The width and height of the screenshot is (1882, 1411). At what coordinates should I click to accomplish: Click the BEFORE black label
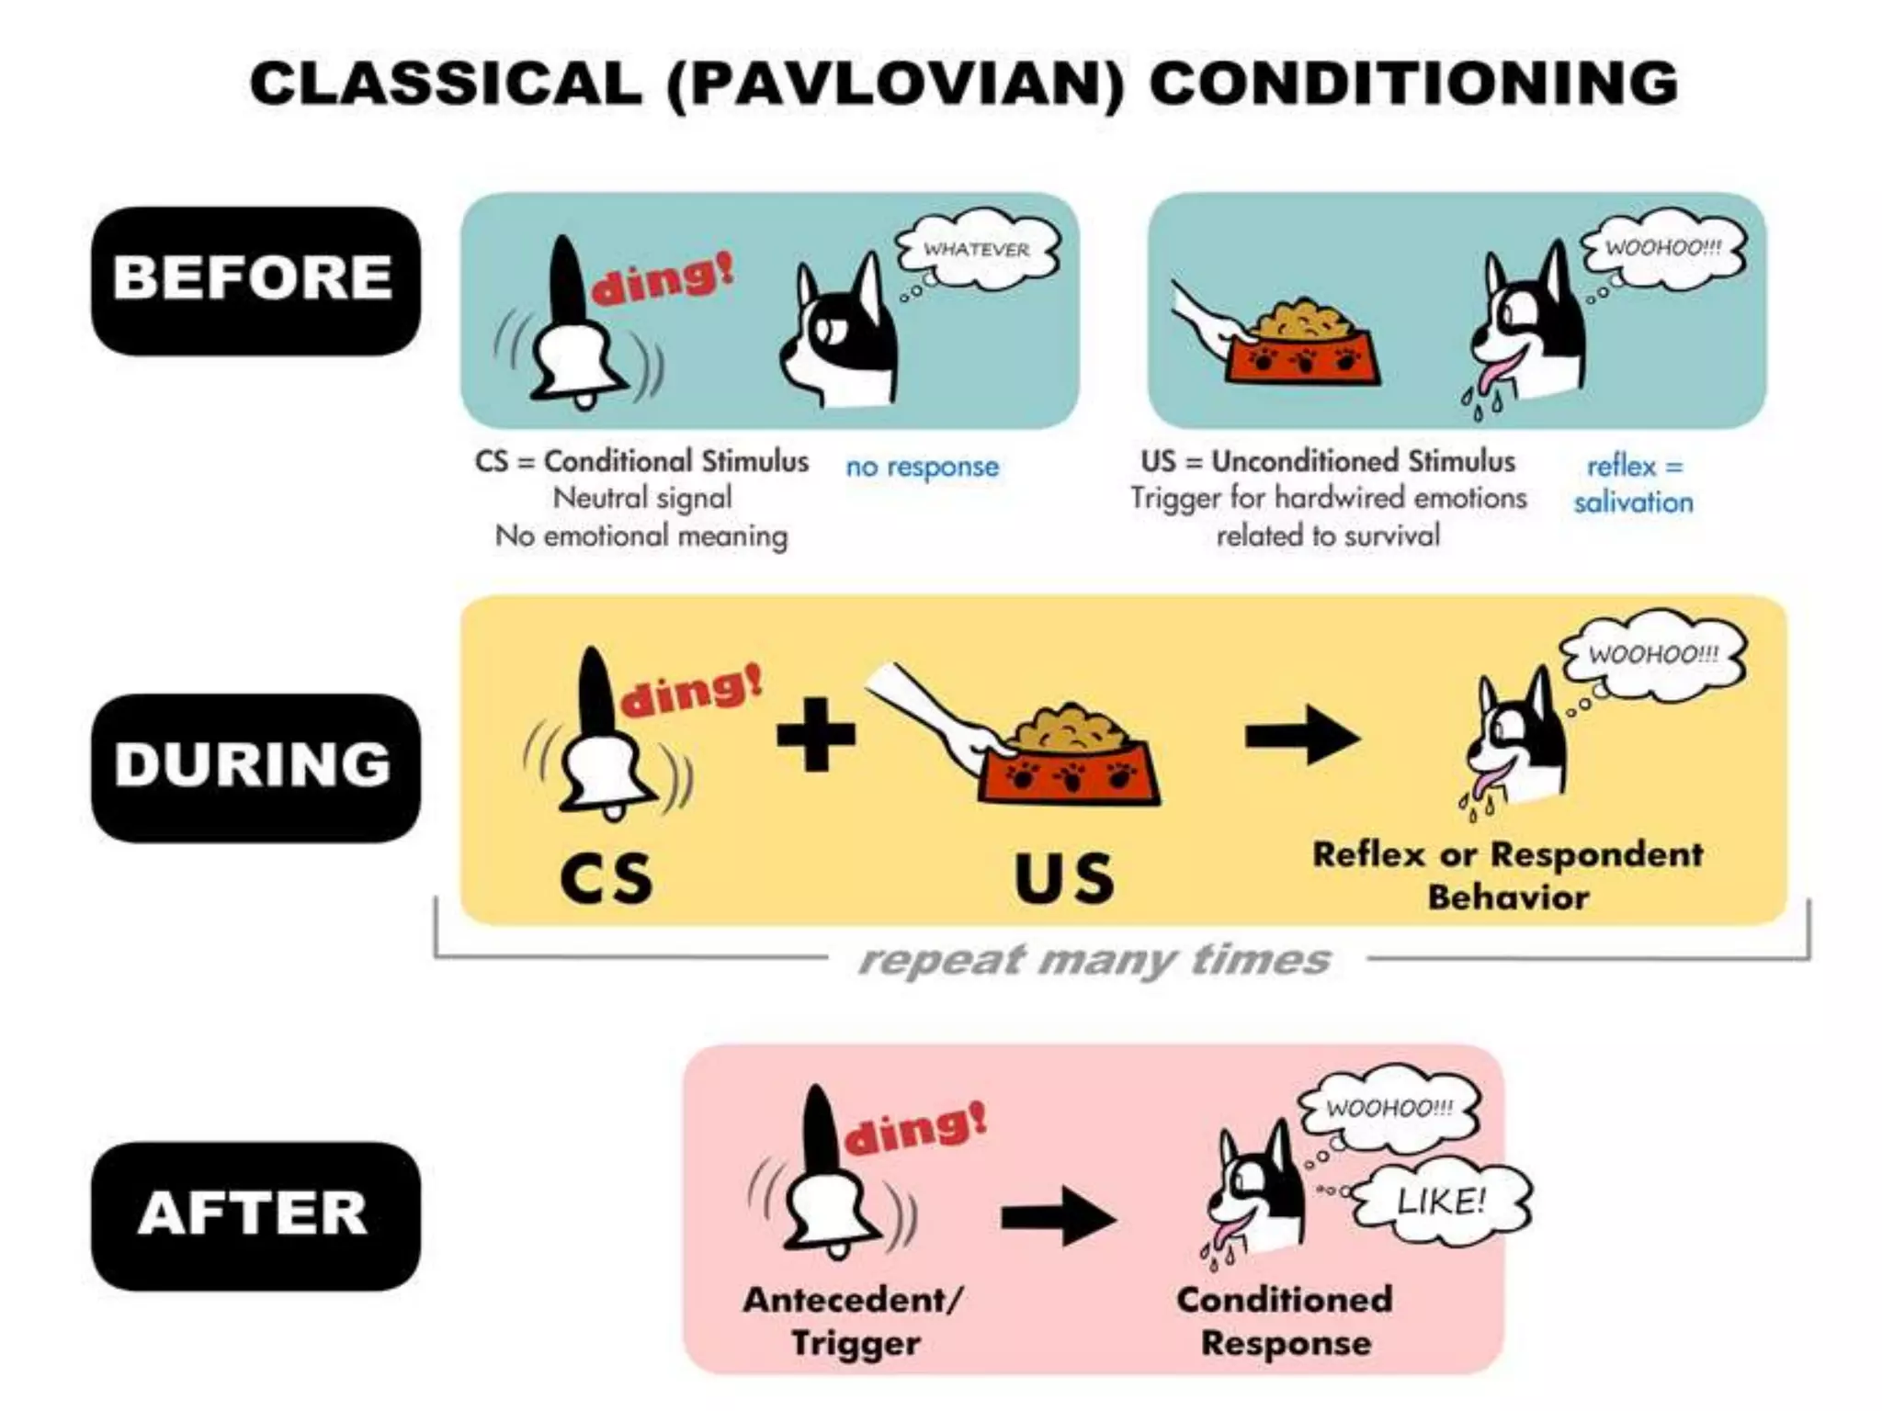(255, 279)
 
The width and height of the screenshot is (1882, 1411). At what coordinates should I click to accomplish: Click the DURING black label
(255, 766)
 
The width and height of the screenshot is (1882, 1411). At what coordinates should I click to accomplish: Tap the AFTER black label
(255, 1214)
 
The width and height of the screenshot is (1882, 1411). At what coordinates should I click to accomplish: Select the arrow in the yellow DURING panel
(1302, 736)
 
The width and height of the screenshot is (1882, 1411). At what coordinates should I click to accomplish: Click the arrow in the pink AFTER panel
(1059, 1218)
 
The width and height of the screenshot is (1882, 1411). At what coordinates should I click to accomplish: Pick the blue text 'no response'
(922, 467)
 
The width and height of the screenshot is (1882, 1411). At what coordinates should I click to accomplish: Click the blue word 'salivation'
(1633, 502)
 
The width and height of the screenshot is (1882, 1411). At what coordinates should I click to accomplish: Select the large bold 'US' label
(1064, 878)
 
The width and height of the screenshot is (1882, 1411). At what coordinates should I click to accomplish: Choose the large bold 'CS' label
(607, 878)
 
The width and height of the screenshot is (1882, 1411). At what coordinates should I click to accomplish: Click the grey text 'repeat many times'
(1094, 960)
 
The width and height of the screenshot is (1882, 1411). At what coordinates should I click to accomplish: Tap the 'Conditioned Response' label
(1285, 1321)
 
